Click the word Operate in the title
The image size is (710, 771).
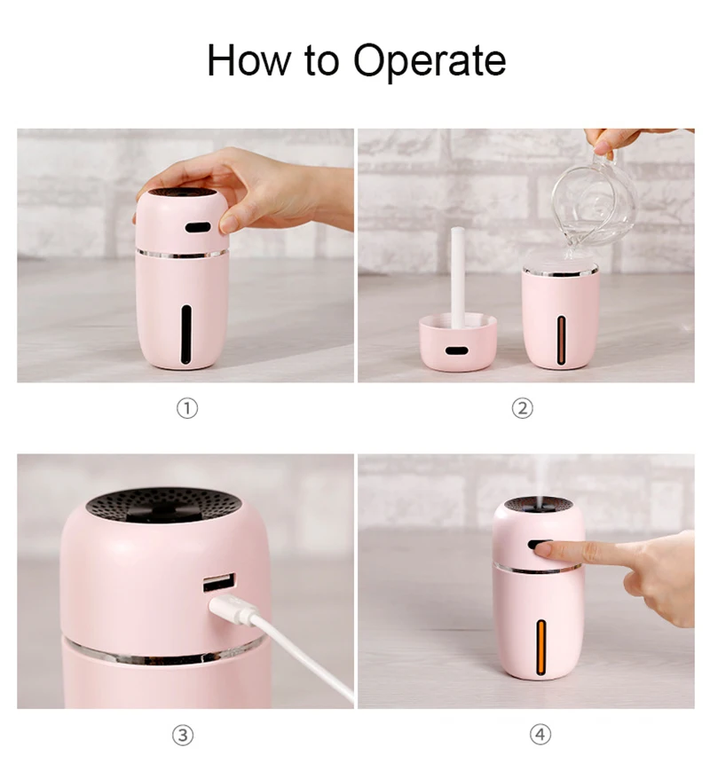pyautogui.click(x=430, y=61)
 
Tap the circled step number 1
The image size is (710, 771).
pyautogui.click(x=187, y=408)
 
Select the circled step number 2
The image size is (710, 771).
pyautogui.click(x=523, y=408)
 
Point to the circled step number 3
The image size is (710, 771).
pyautogui.click(x=183, y=736)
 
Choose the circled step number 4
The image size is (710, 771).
pyautogui.click(x=540, y=735)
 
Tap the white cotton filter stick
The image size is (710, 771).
pyautogui.click(x=458, y=275)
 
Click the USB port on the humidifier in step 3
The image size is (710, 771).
pyautogui.click(x=219, y=582)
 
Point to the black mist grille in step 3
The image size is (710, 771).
pyautogui.click(x=164, y=505)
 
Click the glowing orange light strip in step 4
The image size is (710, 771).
pyautogui.click(x=541, y=647)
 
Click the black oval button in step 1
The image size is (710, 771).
pyautogui.click(x=198, y=227)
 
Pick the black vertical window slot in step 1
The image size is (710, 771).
pyautogui.click(x=186, y=334)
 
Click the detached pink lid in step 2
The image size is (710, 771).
pyautogui.click(x=458, y=343)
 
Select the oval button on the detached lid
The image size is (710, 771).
pyautogui.click(x=456, y=351)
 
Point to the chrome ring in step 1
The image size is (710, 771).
pyautogui.click(x=182, y=254)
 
